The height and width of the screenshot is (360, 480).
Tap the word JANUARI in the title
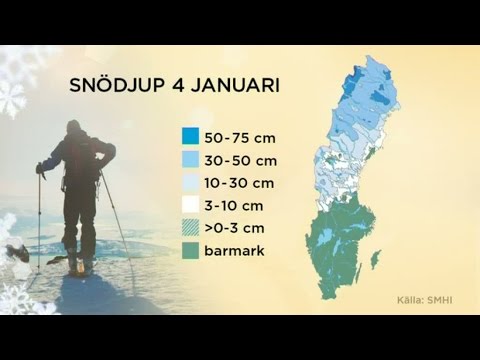tap(235, 86)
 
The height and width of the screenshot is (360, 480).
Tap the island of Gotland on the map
tap(376, 260)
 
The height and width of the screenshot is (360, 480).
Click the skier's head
tap(73, 129)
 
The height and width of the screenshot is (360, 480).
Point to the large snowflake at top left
tap(12, 98)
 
